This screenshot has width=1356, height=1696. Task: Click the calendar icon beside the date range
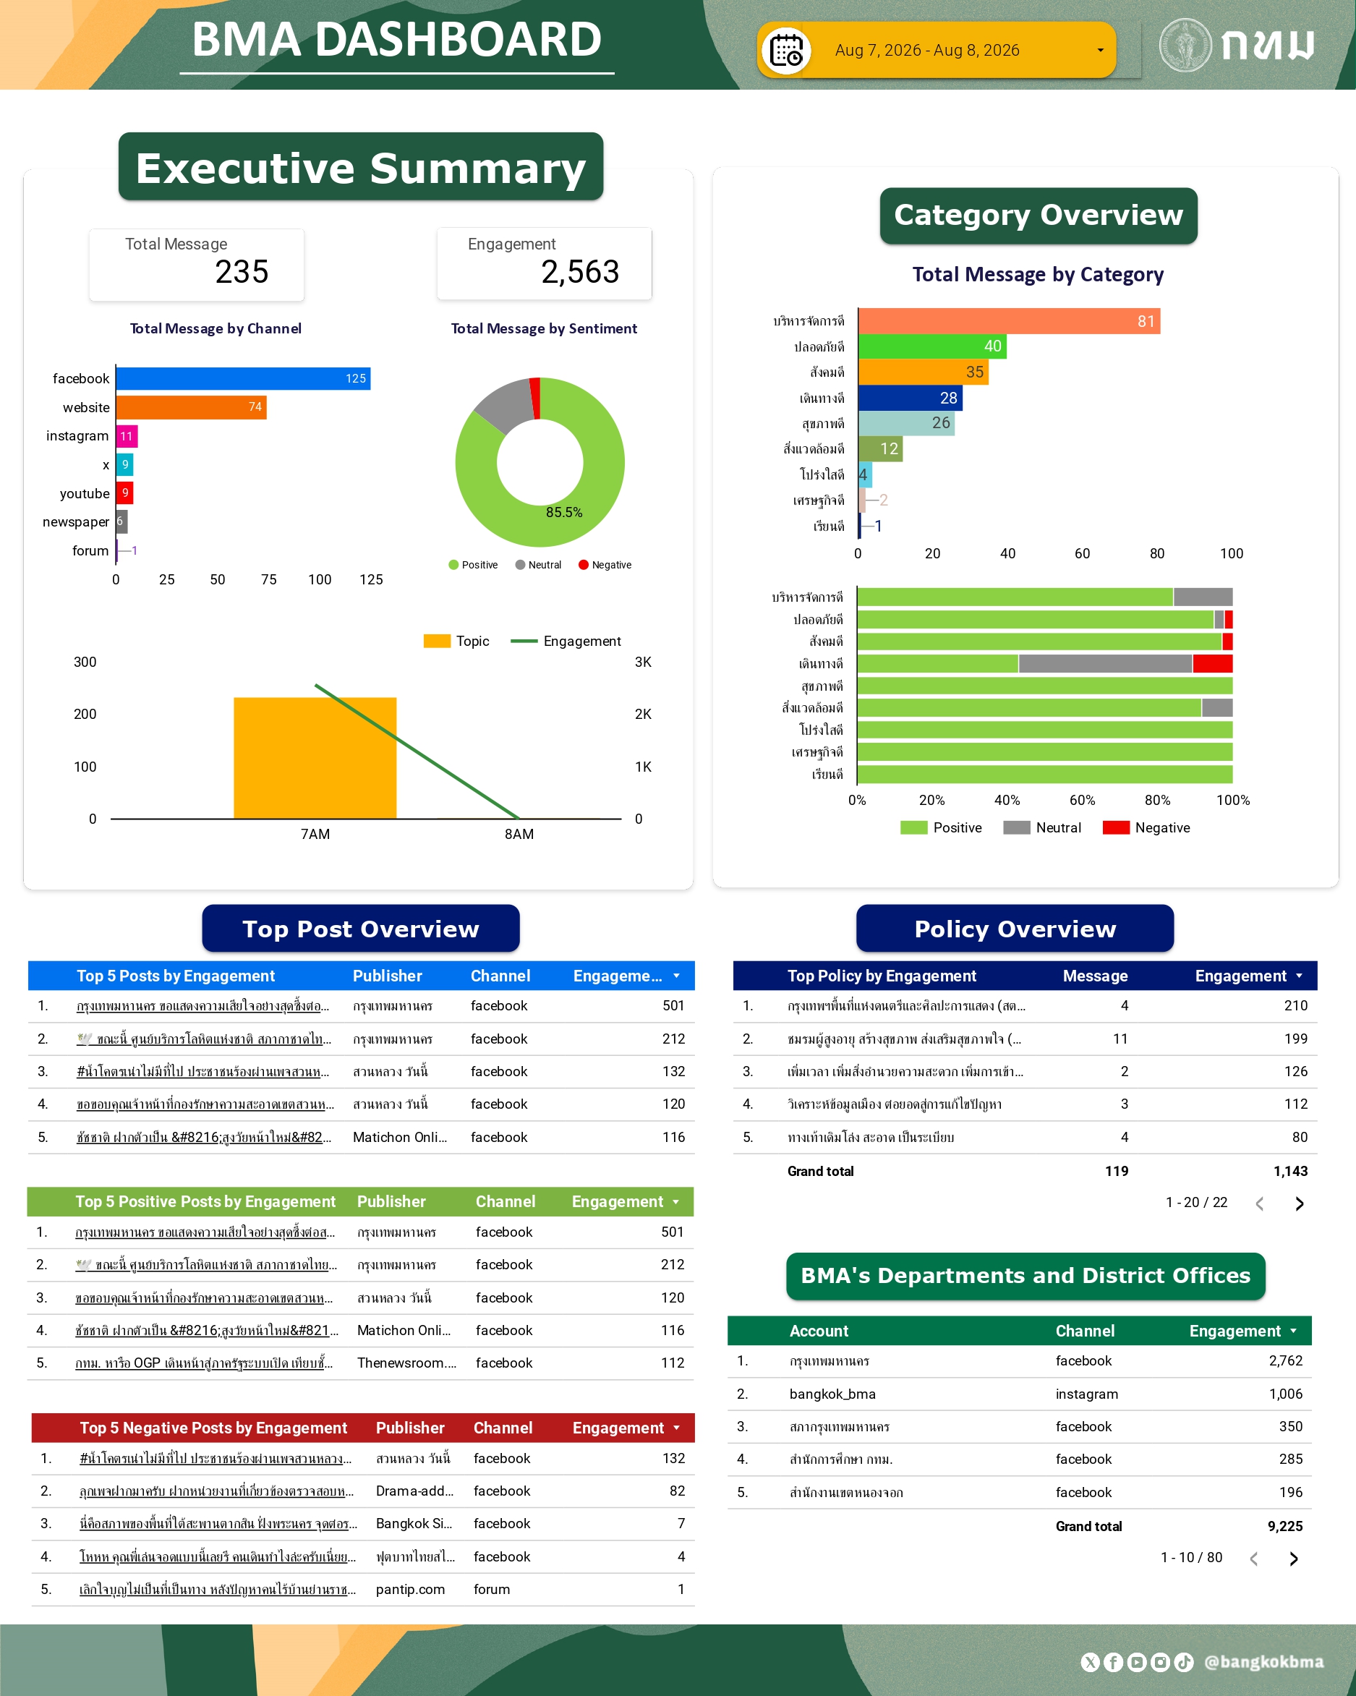click(x=785, y=51)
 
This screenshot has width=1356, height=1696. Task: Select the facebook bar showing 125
click(x=243, y=378)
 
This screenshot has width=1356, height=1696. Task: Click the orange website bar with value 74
click(x=191, y=406)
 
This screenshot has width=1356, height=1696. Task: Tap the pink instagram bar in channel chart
click(x=127, y=436)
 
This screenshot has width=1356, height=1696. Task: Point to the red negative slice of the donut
click(x=536, y=397)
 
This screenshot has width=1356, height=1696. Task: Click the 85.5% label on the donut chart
click(x=564, y=512)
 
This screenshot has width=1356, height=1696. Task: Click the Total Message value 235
click(x=242, y=272)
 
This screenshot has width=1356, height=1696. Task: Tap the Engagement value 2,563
click(x=581, y=272)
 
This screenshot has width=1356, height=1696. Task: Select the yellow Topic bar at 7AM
click(x=315, y=759)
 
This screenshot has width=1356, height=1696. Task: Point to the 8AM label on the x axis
click(x=519, y=834)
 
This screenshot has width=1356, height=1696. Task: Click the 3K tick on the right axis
click(x=644, y=662)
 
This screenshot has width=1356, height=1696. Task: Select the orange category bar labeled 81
click(x=1009, y=321)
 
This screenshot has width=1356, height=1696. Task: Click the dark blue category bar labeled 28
click(x=910, y=397)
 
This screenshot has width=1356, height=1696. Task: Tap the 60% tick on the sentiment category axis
click(x=1083, y=800)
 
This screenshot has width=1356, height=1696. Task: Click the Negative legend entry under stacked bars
click(x=1147, y=827)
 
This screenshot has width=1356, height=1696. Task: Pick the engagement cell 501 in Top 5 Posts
click(x=673, y=1005)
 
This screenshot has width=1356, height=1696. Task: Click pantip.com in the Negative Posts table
click(x=411, y=1589)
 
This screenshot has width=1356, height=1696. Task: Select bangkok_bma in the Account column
click(x=832, y=1394)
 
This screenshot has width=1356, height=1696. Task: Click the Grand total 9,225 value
click(x=1285, y=1526)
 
